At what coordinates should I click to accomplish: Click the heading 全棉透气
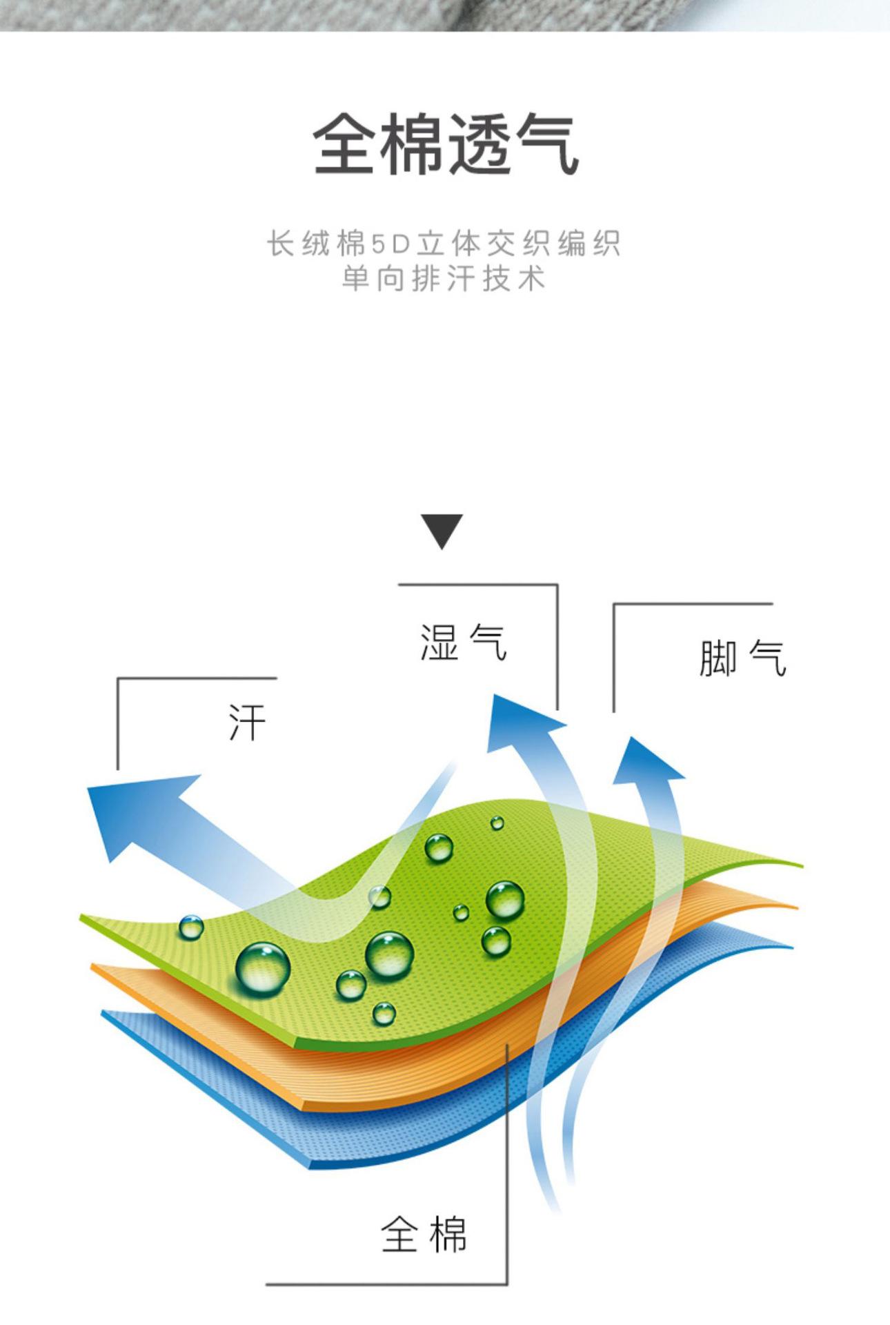coord(445,145)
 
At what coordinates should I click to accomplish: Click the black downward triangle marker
coord(442,531)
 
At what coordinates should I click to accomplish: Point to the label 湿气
coord(464,643)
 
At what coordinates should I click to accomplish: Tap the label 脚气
coord(742,658)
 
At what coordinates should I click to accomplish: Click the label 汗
coord(247,723)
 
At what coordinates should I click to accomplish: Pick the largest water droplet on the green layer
coord(262,969)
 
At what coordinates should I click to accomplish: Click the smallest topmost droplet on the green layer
coord(497,823)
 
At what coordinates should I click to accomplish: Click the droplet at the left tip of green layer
coord(191,927)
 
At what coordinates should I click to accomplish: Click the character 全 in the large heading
coord(345,145)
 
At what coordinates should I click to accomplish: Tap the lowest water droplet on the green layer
coord(384,1013)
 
